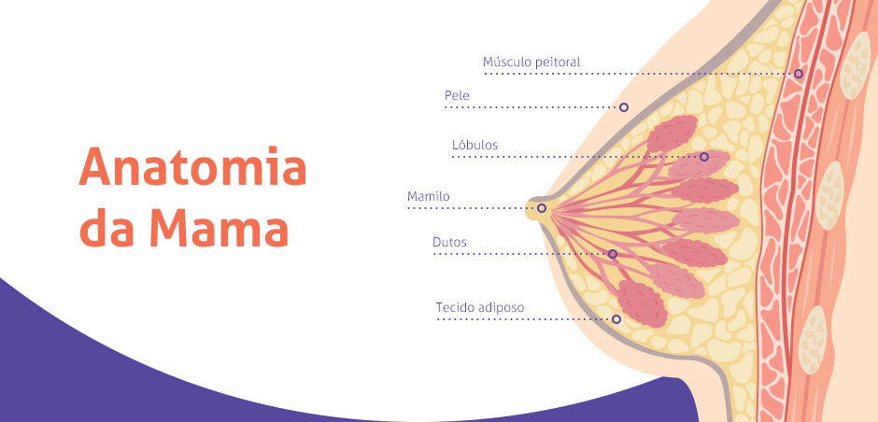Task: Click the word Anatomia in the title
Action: (193, 166)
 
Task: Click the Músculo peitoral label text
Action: (531, 63)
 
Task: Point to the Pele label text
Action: (457, 96)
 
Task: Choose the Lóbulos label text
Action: (474, 145)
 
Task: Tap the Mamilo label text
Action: (429, 196)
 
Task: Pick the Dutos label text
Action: (449, 243)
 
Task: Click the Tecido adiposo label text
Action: (480, 308)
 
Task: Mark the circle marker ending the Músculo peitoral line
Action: (799, 74)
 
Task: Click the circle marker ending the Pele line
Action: (624, 106)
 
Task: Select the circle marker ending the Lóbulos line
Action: (704, 157)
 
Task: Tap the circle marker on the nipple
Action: (542, 208)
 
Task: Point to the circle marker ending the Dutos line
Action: (613, 254)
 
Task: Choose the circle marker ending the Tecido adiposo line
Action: (616, 319)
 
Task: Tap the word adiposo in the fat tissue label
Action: (503, 308)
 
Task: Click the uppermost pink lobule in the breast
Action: (672, 134)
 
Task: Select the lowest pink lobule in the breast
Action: (642, 304)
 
